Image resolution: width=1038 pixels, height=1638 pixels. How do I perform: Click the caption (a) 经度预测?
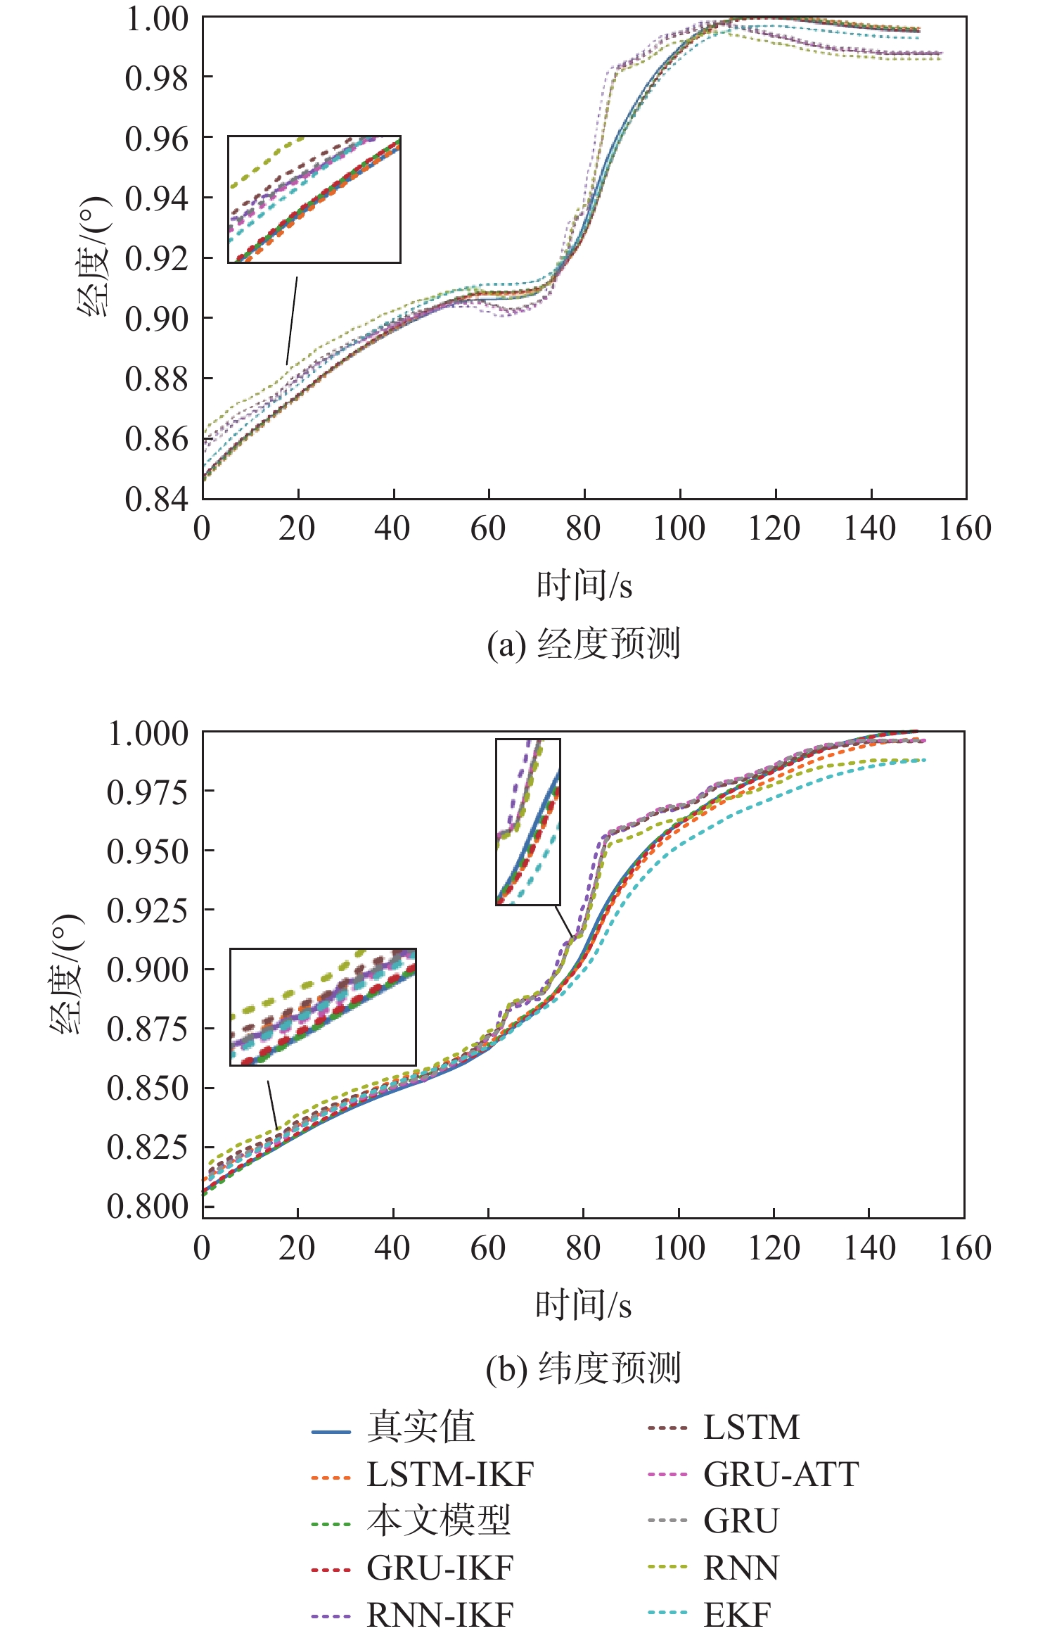[584, 644]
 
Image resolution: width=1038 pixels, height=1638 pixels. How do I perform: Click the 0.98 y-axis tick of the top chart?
[157, 78]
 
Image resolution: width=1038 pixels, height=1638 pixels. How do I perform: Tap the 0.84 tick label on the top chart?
[157, 499]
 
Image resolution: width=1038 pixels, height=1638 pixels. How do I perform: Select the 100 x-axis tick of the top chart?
[679, 529]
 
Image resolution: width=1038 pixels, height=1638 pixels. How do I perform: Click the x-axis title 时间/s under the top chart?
[584, 585]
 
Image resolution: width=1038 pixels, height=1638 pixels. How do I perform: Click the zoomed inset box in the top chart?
[314, 199]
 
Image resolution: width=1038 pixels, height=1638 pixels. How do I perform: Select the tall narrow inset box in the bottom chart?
[528, 821]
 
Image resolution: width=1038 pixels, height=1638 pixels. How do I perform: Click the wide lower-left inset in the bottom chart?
[323, 1007]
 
